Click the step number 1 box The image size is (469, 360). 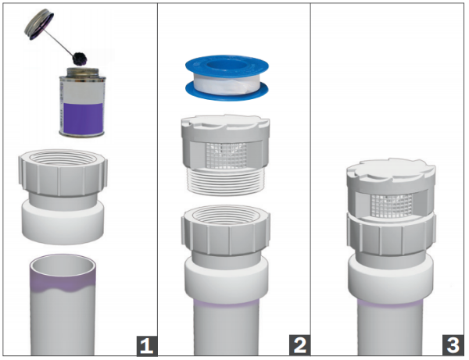tap(142, 342)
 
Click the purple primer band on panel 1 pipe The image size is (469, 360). tap(63, 287)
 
